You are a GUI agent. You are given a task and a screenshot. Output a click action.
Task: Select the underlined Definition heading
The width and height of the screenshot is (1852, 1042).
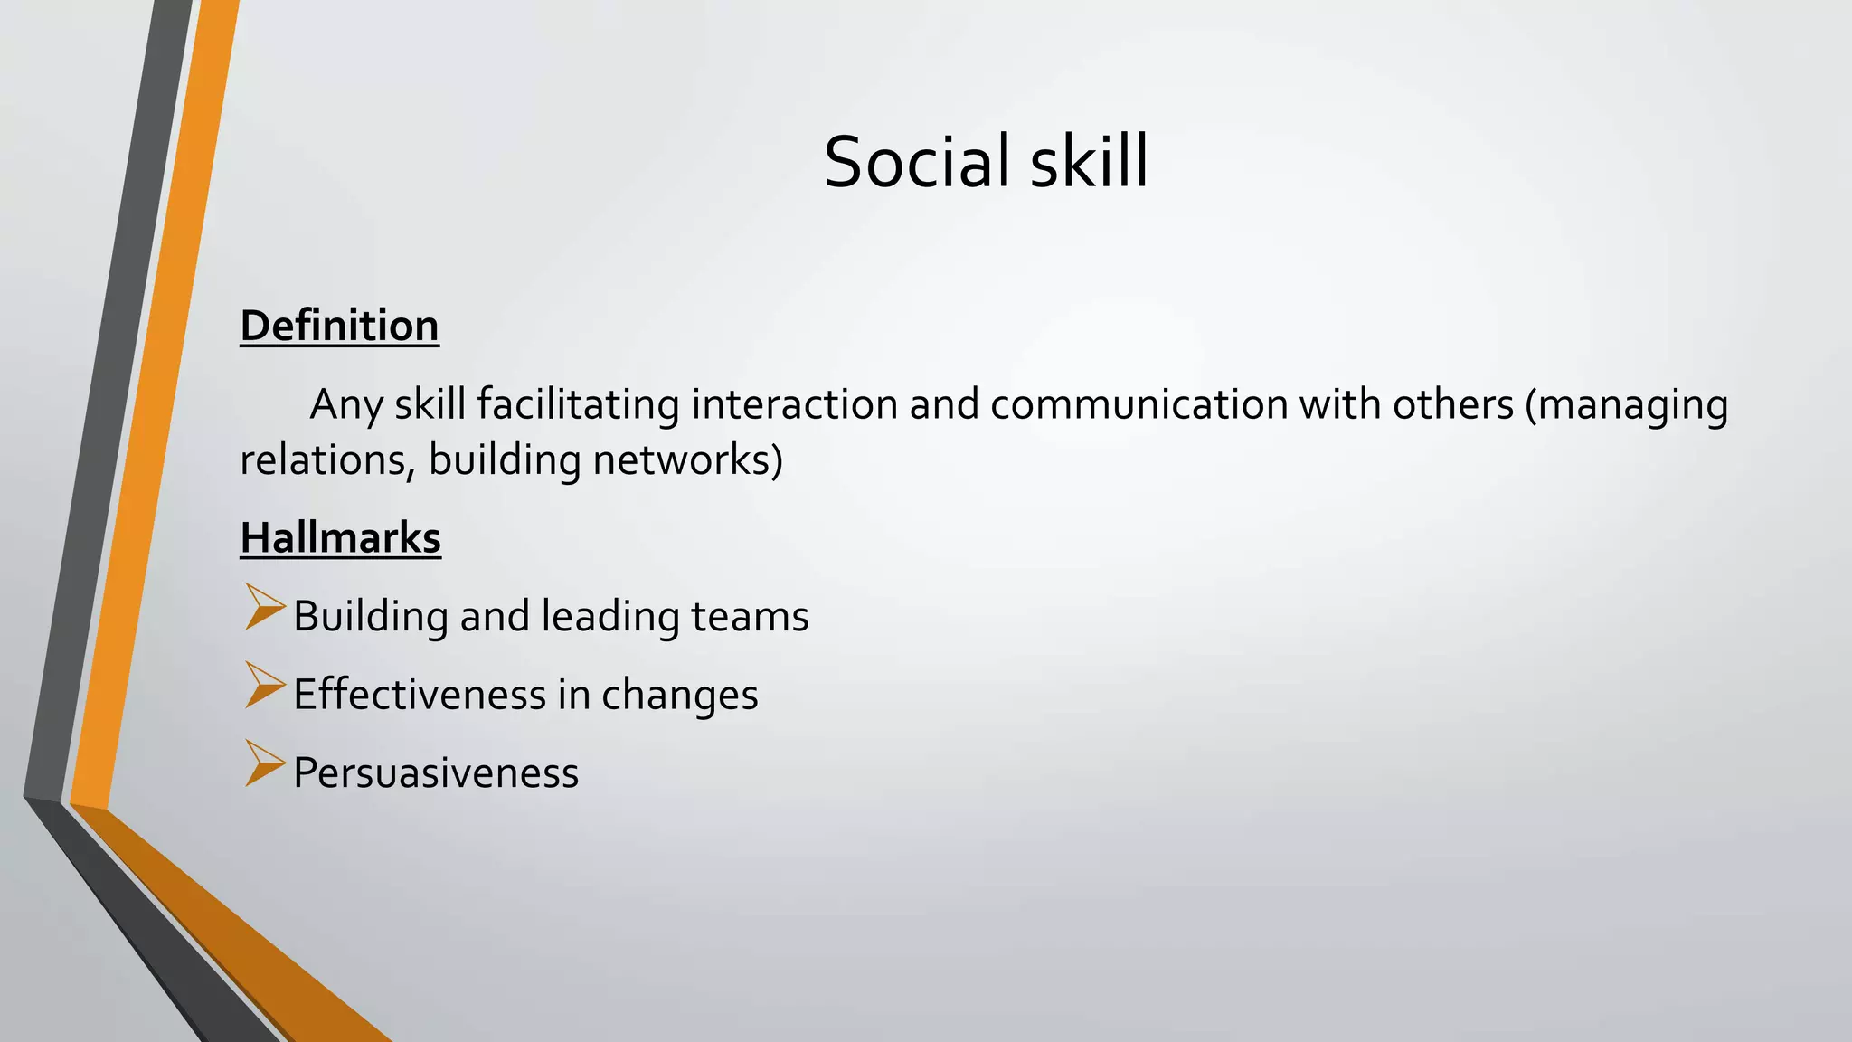coord(339,326)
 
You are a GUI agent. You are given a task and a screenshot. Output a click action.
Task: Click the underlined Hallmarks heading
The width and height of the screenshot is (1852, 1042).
coord(340,538)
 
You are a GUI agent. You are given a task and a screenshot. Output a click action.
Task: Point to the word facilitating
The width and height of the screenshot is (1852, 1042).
coord(578,404)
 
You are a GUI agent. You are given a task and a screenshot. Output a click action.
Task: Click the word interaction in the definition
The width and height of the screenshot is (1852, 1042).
coord(794,404)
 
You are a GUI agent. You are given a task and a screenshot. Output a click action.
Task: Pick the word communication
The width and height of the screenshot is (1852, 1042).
coord(1139,404)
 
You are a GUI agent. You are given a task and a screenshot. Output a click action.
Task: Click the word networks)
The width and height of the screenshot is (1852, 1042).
coord(687,460)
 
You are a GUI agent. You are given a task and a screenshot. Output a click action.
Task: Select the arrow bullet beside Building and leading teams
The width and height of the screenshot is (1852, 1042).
coord(263,607)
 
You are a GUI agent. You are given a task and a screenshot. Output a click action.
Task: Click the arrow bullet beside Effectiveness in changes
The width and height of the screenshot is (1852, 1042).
coord(263,686)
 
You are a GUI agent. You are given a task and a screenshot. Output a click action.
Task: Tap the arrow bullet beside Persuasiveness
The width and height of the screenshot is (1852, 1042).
coord(263,763)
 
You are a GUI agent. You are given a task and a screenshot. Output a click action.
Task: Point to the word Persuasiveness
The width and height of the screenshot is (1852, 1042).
coord(436,774)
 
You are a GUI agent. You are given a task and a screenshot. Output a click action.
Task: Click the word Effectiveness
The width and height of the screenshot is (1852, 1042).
coord(420,695)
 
